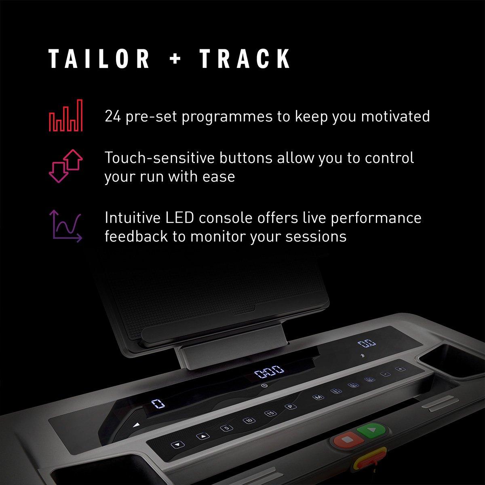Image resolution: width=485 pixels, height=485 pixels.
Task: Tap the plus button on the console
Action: (x=400, y=369)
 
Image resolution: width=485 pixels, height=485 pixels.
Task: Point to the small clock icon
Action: (x=264, y=386)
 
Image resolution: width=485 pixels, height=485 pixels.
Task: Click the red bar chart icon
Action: (x=65, y=115)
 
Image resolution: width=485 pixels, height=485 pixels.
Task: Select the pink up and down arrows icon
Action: (x=65, y=165)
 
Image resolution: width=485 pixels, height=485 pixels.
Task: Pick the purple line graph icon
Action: (x=65, y=226)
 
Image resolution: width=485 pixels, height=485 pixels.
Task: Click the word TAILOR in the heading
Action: (x=99, y=59)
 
